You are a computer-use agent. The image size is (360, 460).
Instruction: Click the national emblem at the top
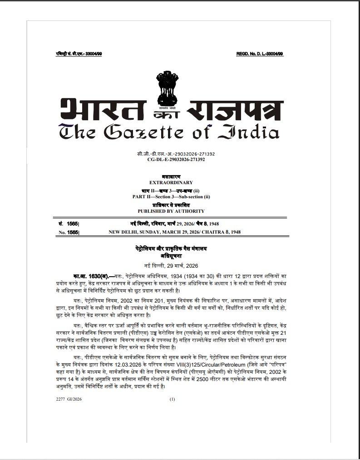click(x=165, y=87)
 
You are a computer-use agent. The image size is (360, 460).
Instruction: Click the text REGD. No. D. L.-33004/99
click(x=259, y=54)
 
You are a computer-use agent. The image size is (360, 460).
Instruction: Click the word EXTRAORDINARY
click(x=171, y=182)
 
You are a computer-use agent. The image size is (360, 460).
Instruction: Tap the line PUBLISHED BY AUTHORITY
click(x=171, y=211)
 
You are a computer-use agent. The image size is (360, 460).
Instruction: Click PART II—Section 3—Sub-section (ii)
click(x=171, y=196)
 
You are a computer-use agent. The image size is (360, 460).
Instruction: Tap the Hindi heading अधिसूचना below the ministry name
click(x=171, y=256)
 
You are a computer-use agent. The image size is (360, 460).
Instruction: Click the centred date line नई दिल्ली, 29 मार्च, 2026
click(x=171, y=265)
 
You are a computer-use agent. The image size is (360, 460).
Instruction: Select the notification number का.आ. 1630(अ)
click(x=90, y=276)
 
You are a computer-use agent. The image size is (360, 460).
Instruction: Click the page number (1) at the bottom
click(x=172, y=399)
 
